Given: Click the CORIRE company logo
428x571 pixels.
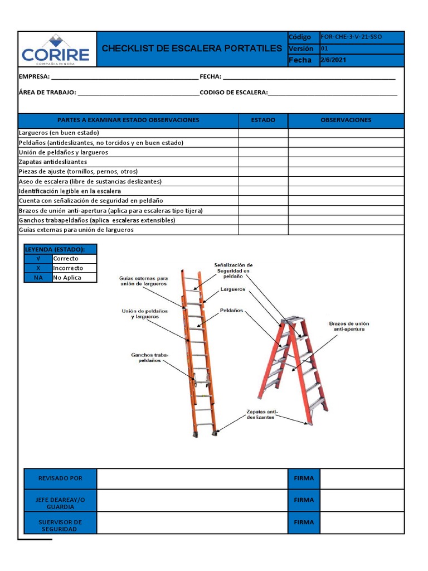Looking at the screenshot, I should [56, 49].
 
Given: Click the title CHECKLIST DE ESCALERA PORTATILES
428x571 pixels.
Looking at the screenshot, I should [192, 49].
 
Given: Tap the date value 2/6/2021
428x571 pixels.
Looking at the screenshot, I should [333, 60].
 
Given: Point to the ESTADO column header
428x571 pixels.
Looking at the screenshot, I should [263, 120].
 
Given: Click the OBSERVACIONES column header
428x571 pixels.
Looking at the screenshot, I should [346, 120].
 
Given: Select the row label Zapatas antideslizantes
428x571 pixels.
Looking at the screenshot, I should [53, 162].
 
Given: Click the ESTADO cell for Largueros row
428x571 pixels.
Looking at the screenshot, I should [263, 133].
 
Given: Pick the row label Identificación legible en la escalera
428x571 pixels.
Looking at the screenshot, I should [70, 191].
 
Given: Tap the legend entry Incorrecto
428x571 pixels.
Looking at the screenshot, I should [67, 268].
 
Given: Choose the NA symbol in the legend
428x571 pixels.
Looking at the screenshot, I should [38, 278].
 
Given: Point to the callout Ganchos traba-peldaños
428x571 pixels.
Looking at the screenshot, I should [149, 357].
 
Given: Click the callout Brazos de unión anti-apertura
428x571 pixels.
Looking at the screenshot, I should [349, 326].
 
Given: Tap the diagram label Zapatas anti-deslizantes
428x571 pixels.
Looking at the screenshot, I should [261, 414].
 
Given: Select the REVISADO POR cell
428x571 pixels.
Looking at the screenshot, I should [60, 478].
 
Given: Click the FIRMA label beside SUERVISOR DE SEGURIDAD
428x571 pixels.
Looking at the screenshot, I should [304, 522].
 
